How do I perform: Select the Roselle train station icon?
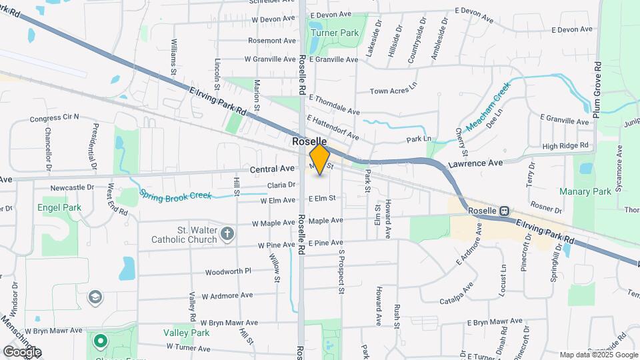click(x=505, y=210)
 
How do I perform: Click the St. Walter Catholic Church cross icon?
click(x=227, y=233)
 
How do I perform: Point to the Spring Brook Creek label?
click(x=175, y=195)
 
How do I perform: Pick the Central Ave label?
click(x=272, y=169)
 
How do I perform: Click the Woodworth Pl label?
click(x=228, y=271)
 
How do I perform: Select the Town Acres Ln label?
click(x=393, y=91)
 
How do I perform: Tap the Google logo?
click(x=22, y=351)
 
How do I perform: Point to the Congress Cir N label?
click(x=55, y=118)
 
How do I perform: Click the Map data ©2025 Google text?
click(x=597, y=355)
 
